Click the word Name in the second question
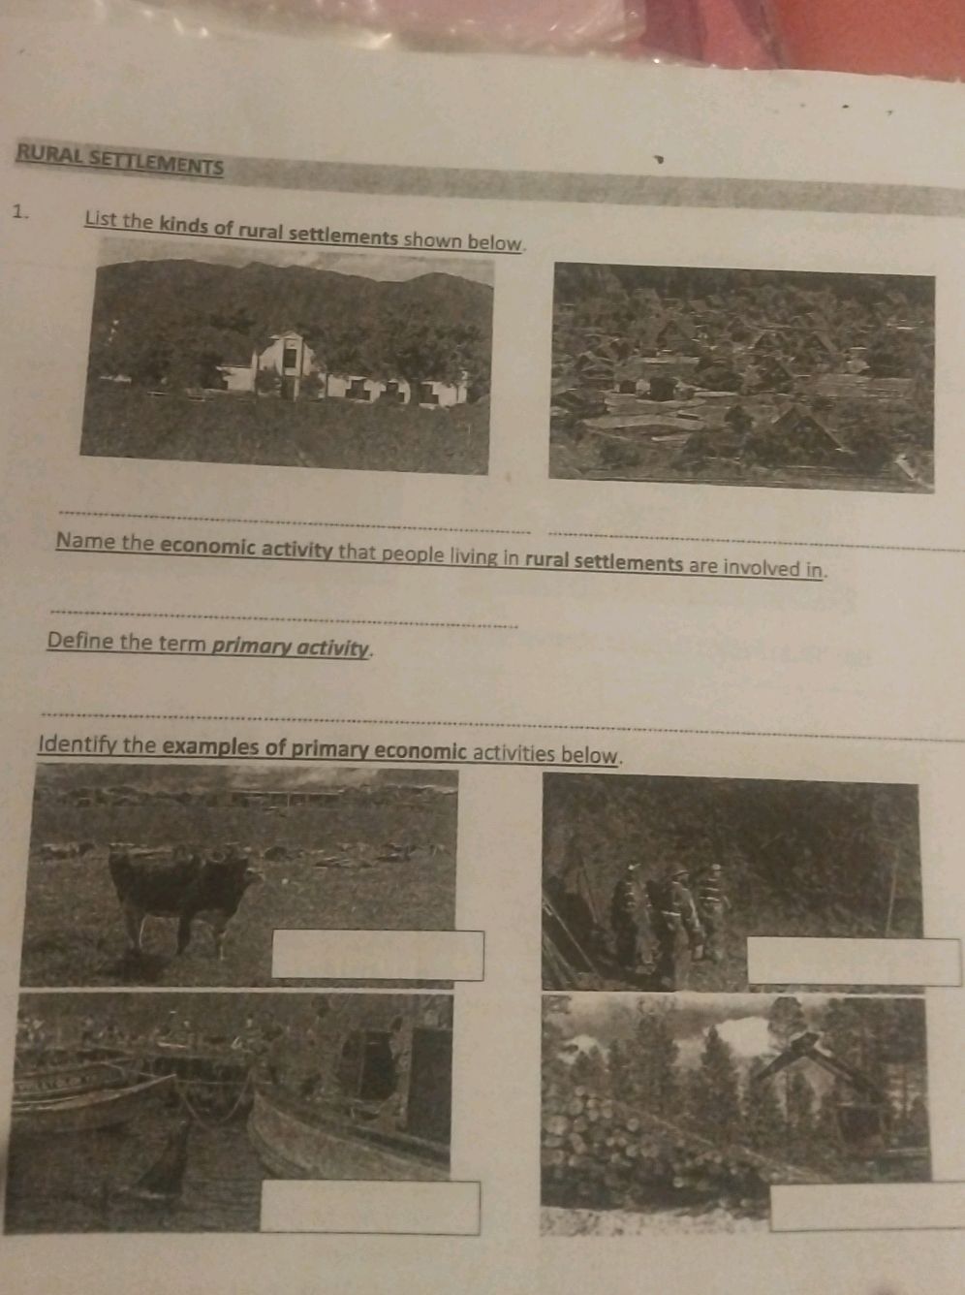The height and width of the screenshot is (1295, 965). (x=85, y=541)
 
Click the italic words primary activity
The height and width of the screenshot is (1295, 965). (x=291, y=647)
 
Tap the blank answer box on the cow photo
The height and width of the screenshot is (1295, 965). (x=377, y=955)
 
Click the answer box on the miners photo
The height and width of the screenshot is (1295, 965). (x=853, y=962)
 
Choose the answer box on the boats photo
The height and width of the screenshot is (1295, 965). (x=369, y=1207)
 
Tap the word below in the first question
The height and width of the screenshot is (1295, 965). (x=495, y=241)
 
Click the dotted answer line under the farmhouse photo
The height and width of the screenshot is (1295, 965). (x=296, y=521)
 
